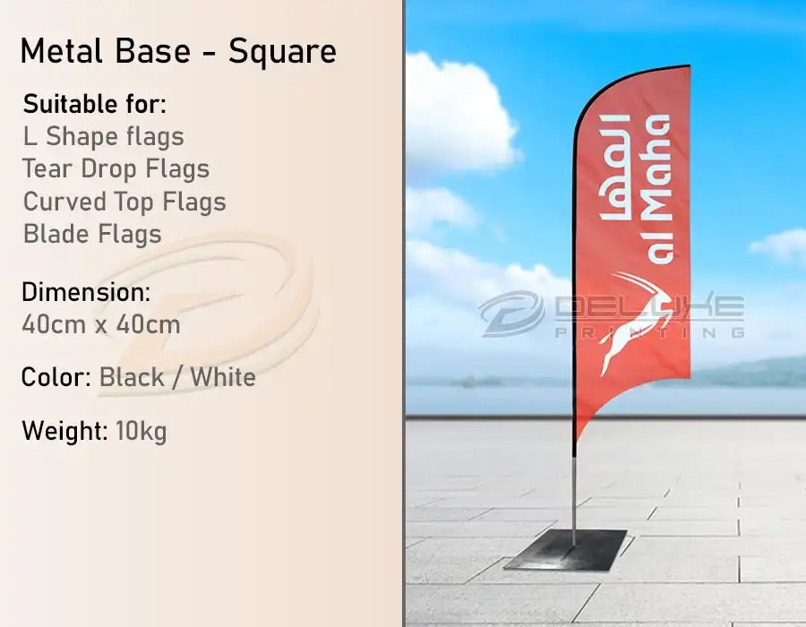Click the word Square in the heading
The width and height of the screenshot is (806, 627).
pos(282,51)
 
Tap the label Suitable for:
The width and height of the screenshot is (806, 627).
pos(94,104)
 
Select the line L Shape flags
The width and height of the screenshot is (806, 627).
pos(103,137)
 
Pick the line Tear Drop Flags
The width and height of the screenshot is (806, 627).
pos(116,169)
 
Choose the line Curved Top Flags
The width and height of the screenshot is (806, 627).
pos(124,202)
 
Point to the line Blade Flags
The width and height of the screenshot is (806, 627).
pos(91,234)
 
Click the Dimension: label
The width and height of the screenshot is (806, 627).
pos(86,292)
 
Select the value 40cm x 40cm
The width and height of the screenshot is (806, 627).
pos(100,323)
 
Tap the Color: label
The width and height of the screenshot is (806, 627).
pos(56,377)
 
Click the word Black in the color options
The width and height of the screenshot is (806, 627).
pos(132,377)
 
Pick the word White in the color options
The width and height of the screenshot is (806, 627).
pos(223,377)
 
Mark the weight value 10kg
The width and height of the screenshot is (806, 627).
pos(141,431)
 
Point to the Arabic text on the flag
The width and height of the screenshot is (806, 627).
pos(622,170)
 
